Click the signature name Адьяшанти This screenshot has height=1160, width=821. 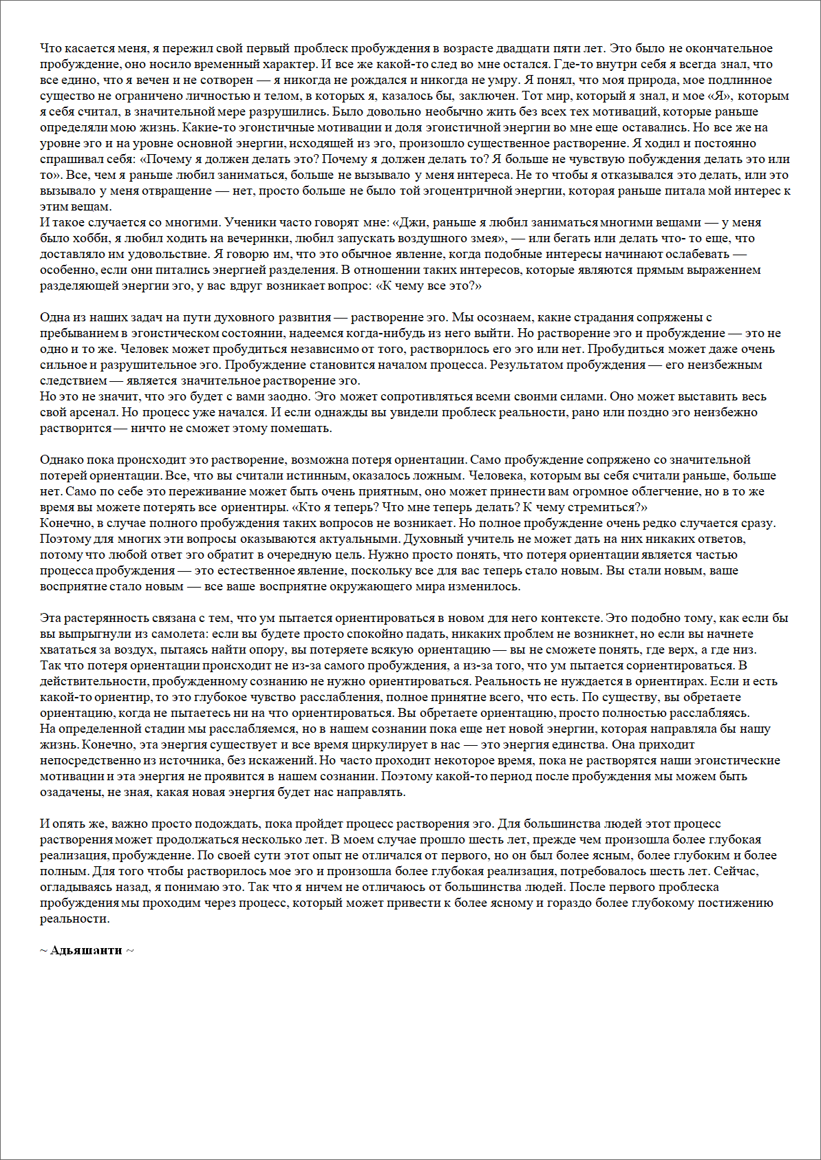tap(86, 950)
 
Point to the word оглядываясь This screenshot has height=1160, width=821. tap(72, 887)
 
